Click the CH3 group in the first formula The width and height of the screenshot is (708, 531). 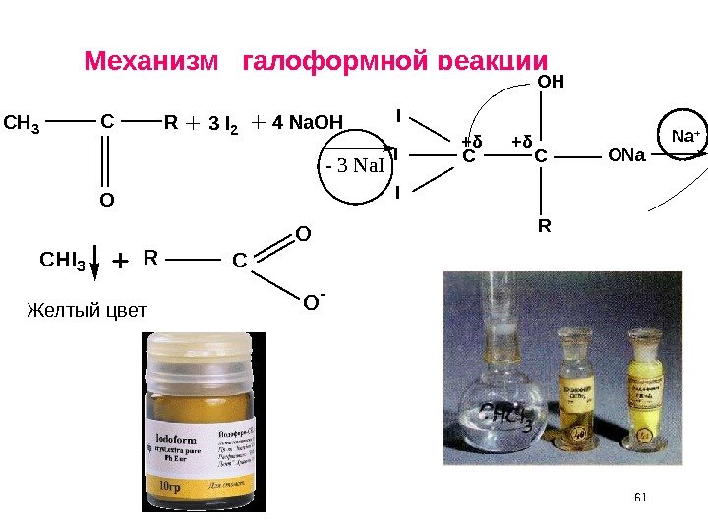[22, 124]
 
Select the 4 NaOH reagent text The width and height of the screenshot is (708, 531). [308, 124]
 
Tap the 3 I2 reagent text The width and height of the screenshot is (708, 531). [226, 125]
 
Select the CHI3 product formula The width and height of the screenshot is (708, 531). [63, 261]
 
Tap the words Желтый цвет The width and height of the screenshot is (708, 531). [86, 311]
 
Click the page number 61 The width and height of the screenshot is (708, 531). [642, 498]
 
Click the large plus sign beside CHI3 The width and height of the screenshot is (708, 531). [120, 262]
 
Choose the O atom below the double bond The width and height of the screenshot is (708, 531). [106, 201]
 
